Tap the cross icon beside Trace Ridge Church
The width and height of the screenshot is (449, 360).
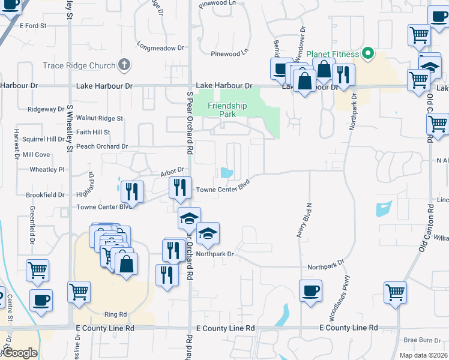124,65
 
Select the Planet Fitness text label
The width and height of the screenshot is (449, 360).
333,55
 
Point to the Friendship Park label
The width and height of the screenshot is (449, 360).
227,109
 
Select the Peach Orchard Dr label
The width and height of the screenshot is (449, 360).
102,146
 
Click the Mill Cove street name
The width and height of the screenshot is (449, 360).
36,154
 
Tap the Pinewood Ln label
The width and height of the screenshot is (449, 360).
229,53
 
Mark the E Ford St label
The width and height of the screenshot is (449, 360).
32,26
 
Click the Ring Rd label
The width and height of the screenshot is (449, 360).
115,314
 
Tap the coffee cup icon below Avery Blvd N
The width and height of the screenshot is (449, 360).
311,291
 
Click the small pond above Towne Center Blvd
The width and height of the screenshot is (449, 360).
227,173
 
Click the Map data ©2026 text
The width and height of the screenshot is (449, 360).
423,355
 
